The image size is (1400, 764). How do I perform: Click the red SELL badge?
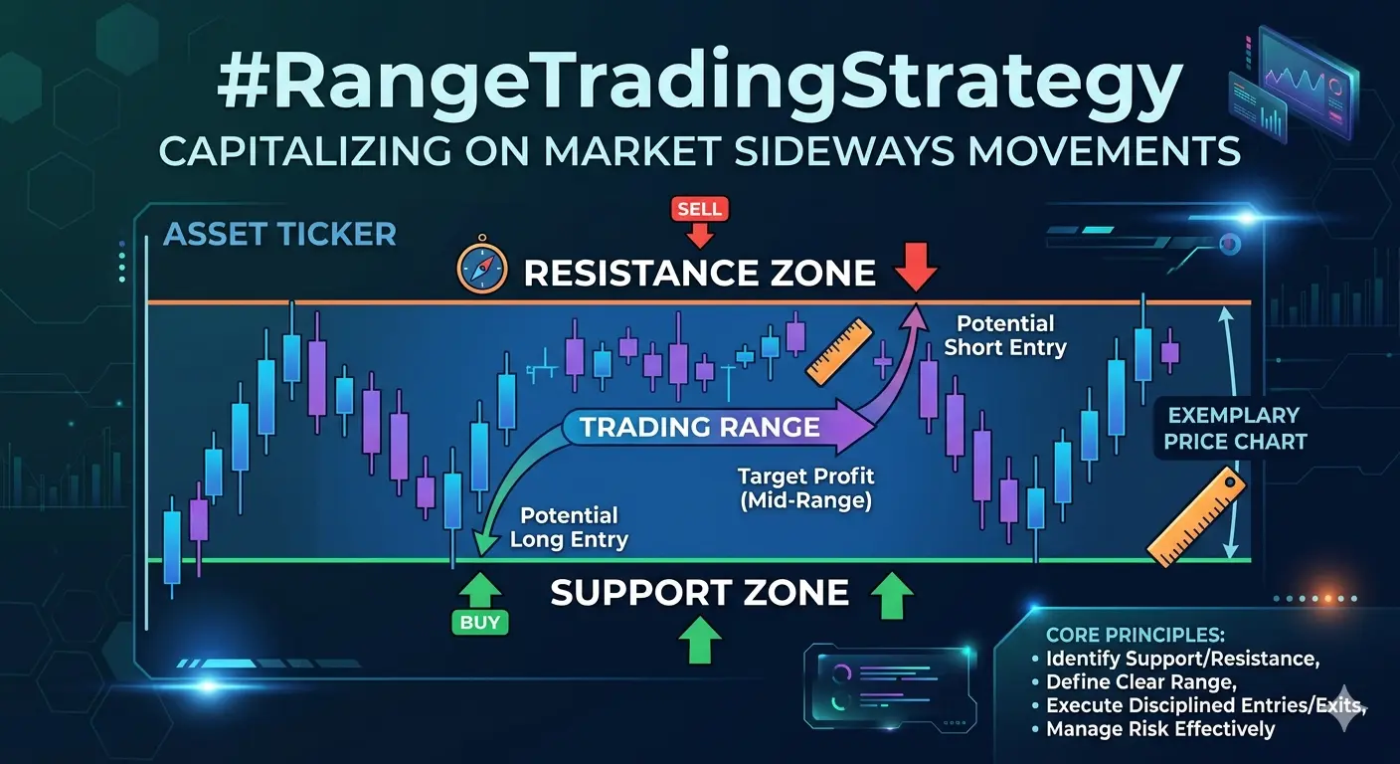point(699,209)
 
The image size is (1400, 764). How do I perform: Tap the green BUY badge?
point(480,622)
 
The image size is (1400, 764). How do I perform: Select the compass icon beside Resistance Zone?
point(482,268)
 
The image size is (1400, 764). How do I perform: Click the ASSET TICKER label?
point(279,235)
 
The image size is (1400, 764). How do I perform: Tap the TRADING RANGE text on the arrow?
point(699,428)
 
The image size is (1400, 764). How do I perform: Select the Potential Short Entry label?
point(1005,335)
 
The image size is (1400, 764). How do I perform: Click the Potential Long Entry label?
point(569,527)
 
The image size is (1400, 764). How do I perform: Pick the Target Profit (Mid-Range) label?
point(805,488)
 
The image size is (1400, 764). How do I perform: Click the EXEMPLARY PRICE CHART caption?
point(1234,429)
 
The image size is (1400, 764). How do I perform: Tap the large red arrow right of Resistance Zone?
point(916,268)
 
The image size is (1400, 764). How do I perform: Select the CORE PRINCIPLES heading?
point(1135,636)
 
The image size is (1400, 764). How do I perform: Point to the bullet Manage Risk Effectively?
point(1160,729)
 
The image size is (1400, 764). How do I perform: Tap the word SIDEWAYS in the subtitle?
point(844,150)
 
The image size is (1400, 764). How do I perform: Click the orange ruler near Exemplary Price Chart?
point(1196,517)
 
